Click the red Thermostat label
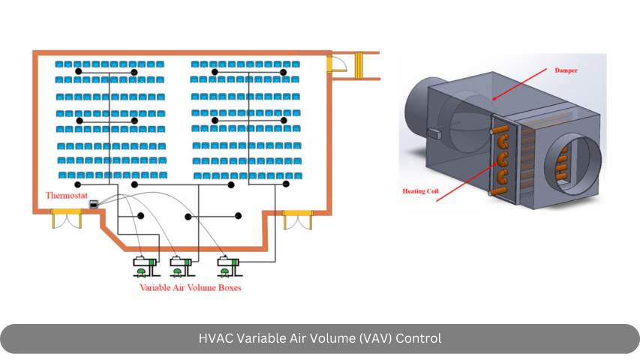[x=67, y=196]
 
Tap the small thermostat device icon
[x=94, y=204]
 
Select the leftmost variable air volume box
[x=145, y=267]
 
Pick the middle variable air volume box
[x=181, y=267]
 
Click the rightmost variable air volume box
[x=228, y=267]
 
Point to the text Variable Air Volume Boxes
[x=191, y=288]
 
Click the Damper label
[x=566, y=70]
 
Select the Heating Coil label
[x=420, y=191]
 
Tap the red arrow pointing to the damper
[x=519, y=84]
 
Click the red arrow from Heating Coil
[x=467, y=181]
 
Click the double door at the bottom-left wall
[x=67, y=218]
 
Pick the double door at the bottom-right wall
[x=299, y=220]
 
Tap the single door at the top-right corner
[x=335, y=64]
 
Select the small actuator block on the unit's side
[x=434, y=133]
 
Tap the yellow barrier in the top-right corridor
[x=359, y=65]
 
